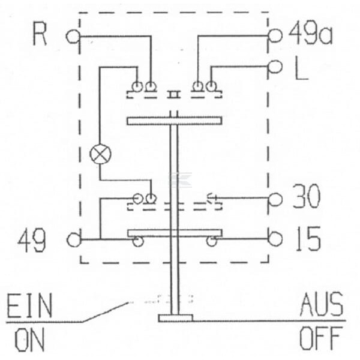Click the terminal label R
point(40,34)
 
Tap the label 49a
point(310,33)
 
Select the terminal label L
point(301,68)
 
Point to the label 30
point(306,196)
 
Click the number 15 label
point(308,239)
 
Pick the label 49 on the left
point(32,241)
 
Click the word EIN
point(29,305)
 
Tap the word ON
point(29,340)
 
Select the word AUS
point(322,304)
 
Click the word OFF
point(320,338)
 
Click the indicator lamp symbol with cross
point(100,154)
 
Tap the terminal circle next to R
point(73,37)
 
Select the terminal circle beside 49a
point(275,36)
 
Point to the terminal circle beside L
point(275,67)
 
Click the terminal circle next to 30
point(275,199)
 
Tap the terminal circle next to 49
point(74,240)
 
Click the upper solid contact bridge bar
point(175,121)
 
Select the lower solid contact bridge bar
point(175,233)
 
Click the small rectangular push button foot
point(175,318)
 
